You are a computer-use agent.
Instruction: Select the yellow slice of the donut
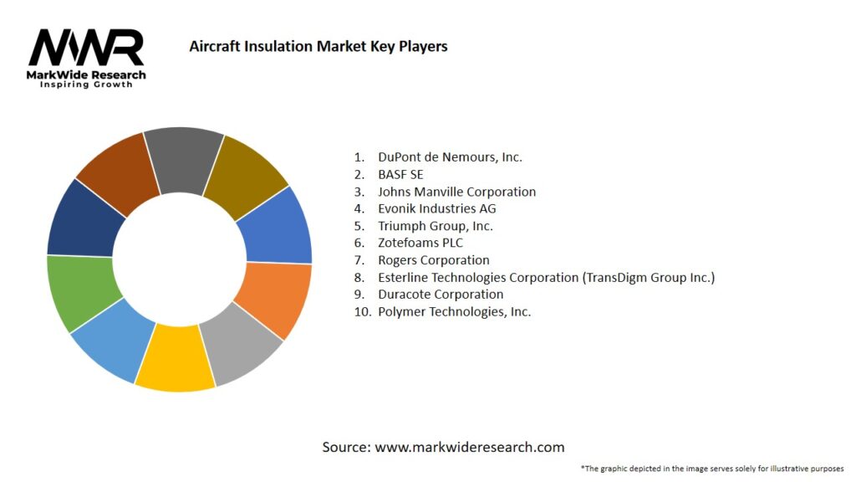click(176, 361)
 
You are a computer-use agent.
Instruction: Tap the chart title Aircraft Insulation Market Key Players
click(318, 46)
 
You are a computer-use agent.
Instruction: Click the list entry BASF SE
click(400, 174)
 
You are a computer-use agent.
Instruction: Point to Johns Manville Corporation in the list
click(456, 192)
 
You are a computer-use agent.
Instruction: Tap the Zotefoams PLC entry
click(422, 243)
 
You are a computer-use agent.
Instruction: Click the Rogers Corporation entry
click(433, 260)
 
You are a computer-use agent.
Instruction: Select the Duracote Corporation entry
click(440, 295)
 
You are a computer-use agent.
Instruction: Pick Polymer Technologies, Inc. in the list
click(454, 311)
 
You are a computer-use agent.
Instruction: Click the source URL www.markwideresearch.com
click(469, 447)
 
